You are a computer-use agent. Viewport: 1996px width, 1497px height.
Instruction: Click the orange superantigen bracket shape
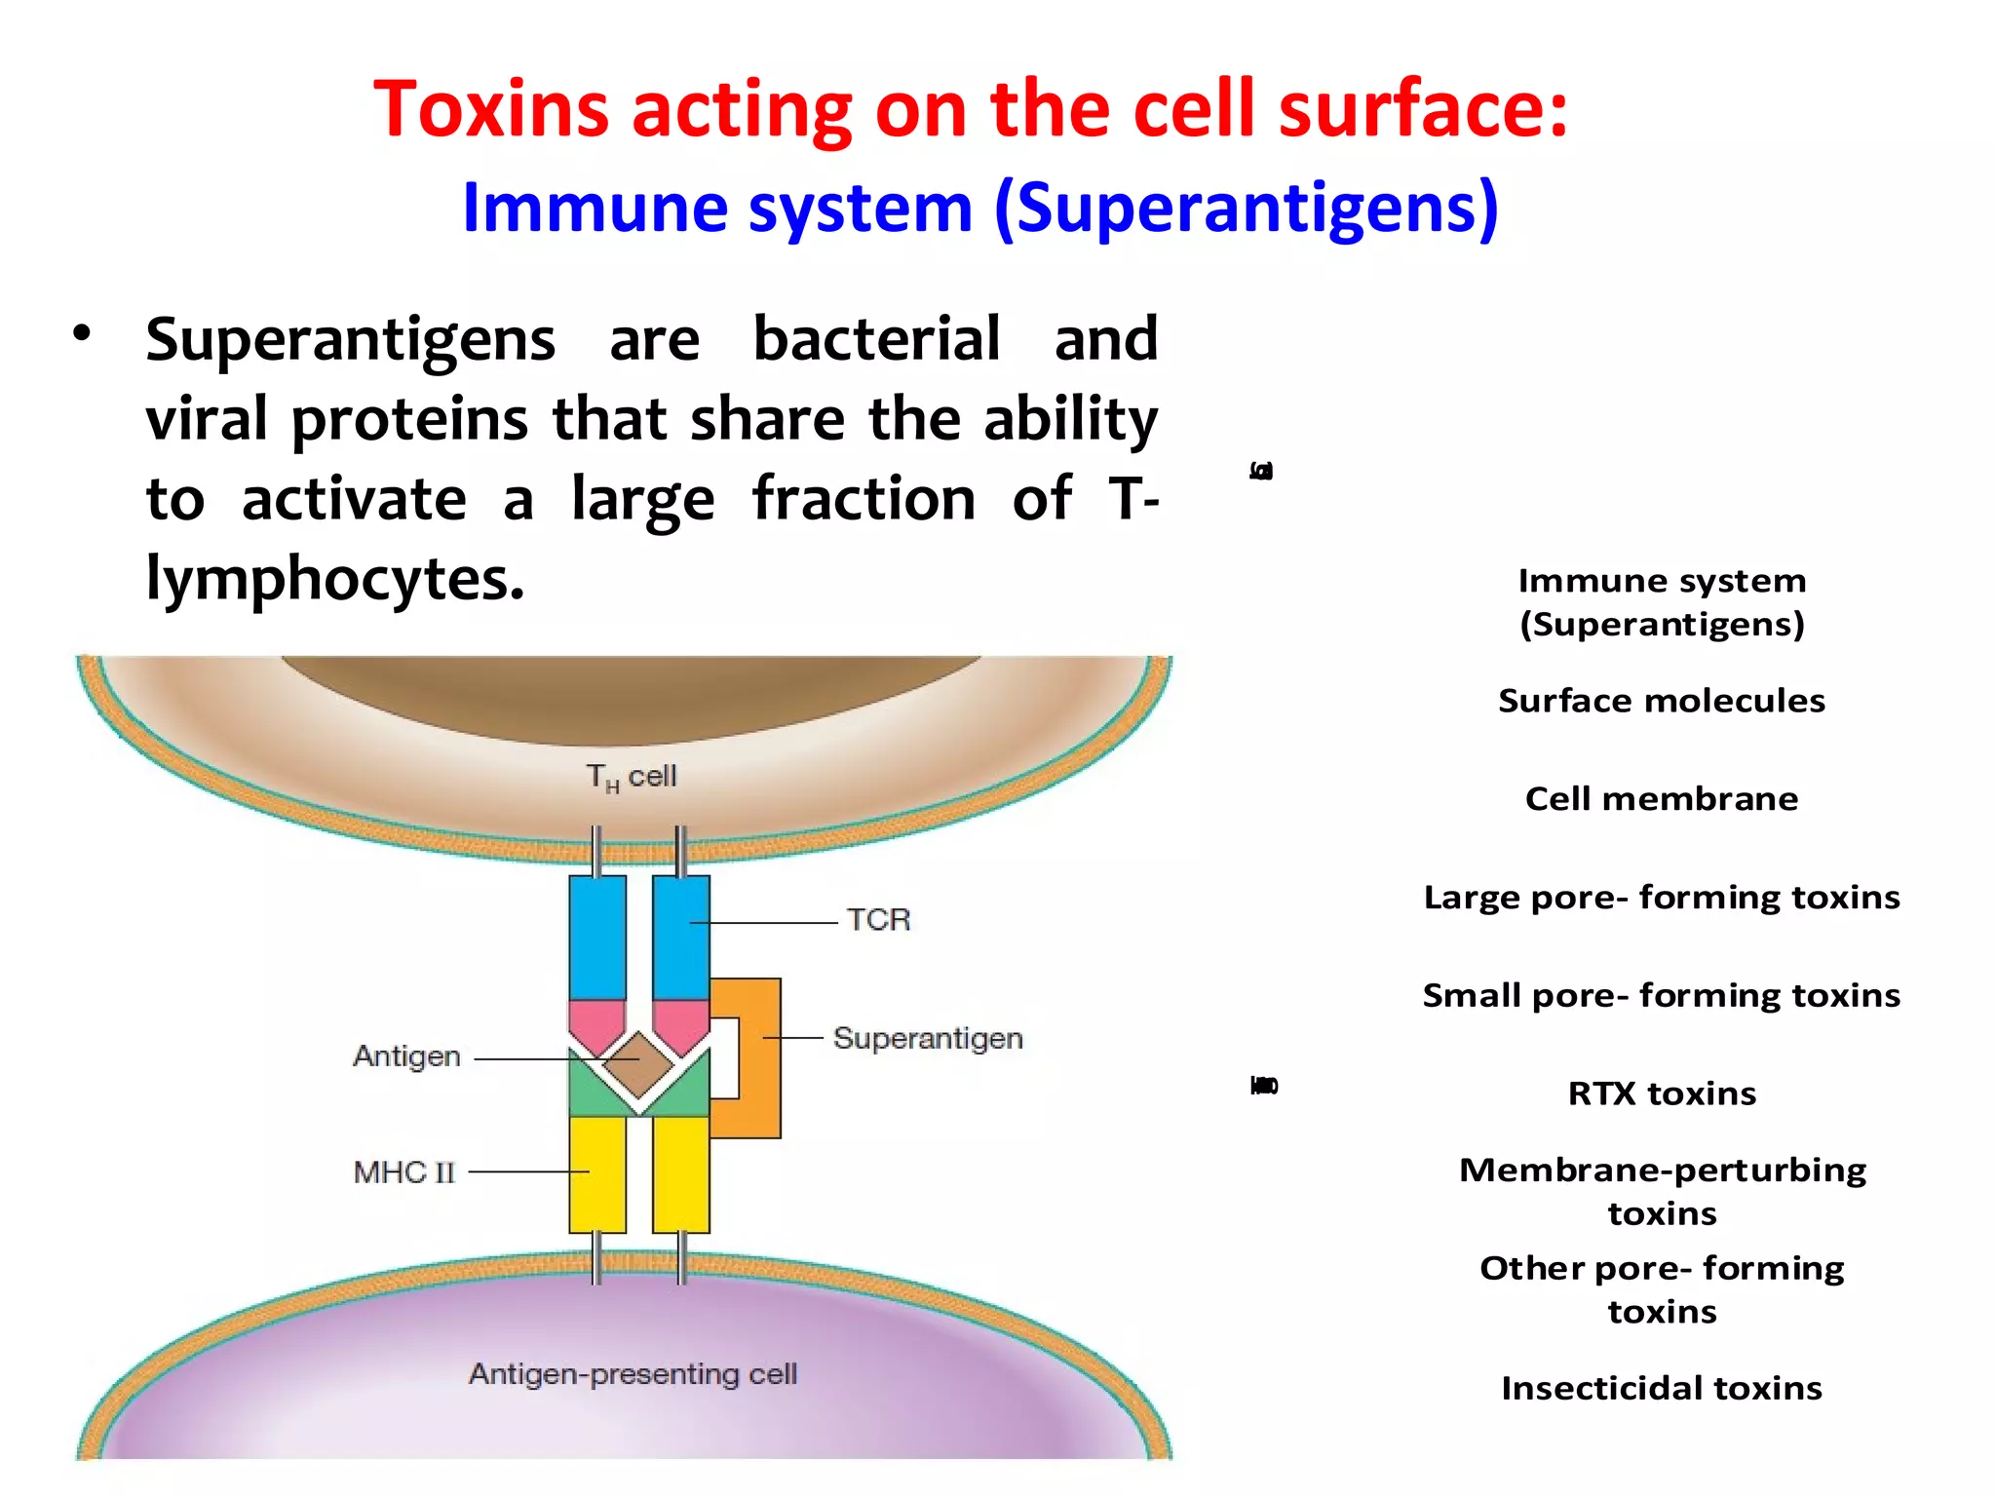(760, 1057)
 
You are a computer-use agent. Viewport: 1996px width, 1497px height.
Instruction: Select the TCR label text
(878, 919)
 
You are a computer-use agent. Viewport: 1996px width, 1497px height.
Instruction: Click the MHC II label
(403, 1171)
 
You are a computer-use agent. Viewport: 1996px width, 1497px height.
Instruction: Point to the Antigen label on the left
(406, 1056)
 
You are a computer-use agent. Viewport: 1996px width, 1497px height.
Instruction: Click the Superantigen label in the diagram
(928, 1038)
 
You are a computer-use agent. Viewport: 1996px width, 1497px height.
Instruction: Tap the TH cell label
(631, 777)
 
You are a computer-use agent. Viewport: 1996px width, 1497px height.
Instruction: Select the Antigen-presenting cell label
(633, 1374)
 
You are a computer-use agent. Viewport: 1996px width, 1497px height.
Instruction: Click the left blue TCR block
(597, 936)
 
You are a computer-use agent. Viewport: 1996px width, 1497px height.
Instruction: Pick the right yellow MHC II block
(681, 1174)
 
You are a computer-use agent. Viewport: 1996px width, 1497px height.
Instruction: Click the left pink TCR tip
(596, 1023)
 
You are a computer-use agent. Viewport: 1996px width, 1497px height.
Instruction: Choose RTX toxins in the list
(1662, 1094)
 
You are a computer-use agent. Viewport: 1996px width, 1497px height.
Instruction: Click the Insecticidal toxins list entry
(1662, 1388)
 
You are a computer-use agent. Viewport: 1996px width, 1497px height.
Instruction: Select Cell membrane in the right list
(1662, 799)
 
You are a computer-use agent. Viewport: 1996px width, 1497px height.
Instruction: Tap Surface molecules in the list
(1662, 701)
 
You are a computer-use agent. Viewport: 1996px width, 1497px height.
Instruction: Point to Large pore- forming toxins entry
(1662, 898)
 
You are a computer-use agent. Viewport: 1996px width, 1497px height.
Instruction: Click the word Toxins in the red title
(491, 109)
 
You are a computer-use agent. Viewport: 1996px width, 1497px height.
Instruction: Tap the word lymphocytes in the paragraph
(334, 579)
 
